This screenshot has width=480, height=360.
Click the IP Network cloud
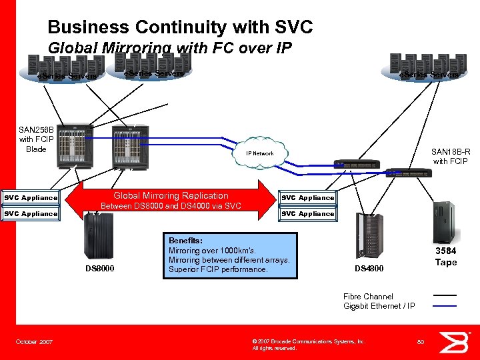(259, 154)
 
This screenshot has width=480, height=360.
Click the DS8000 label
(99, 269)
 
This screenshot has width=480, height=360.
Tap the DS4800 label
(369, 269)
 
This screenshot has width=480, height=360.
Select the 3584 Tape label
(446, 257)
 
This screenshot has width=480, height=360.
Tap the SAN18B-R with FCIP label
(451, 156)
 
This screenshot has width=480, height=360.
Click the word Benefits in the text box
(185, 241)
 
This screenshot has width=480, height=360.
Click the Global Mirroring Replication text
(171, 195)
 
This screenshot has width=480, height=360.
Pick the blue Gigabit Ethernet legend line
(445, 306)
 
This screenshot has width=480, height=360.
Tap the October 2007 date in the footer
(35, 342)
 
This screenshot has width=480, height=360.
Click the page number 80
(421, 342)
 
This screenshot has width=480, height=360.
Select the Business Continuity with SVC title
(180, 27)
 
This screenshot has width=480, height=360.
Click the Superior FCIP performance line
(218, 269)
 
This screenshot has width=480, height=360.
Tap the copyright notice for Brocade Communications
(309, 344)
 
